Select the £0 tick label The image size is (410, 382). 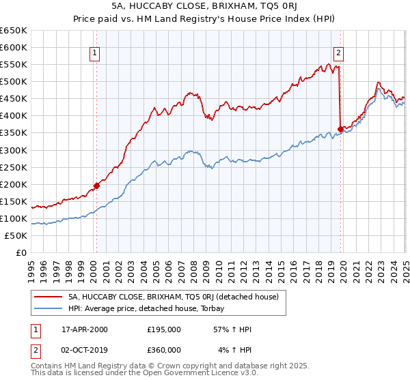tap(21, 252)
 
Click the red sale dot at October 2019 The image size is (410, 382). tap(340, 129)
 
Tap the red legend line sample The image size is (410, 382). tap(48, 297)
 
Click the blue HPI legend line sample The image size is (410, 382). tap(48, 308)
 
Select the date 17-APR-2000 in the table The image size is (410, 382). tap(85, 329)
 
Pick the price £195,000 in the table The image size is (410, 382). tap(164, 329)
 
